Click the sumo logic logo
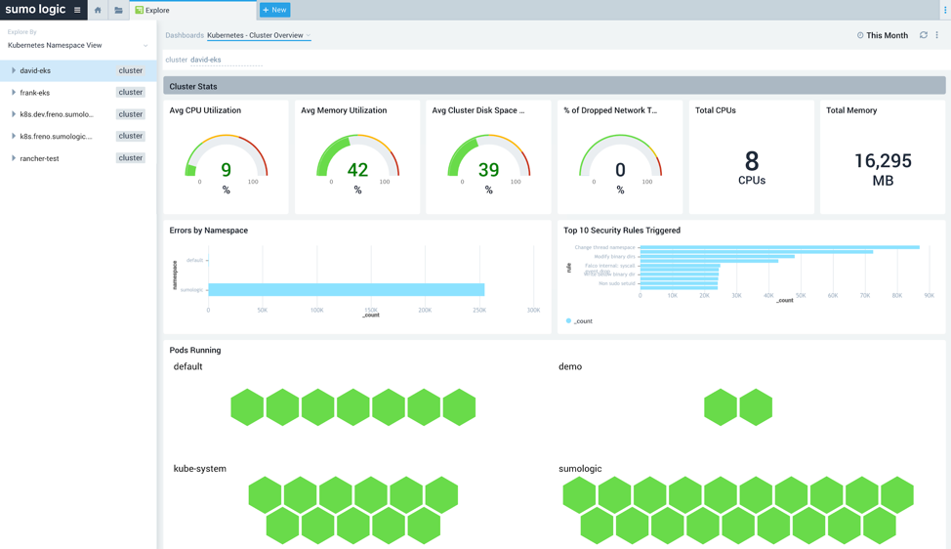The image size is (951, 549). (x=35, y=10)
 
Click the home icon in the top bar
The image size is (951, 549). (x=98, y=10)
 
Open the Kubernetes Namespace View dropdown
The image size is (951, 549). (x=77, y=45)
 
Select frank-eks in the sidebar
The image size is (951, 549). (x=35, y=93)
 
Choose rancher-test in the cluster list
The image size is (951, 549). (x=39, y=158)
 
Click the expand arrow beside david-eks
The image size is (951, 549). (x=14, y=70)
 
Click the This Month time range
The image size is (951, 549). (x=887, y=35)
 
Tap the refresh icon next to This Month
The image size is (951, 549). (x=923, y=35)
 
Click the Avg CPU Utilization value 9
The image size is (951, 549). (x=226, y=170)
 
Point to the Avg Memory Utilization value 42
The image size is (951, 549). (x=357, y=170)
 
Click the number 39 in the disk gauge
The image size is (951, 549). (x=488, y=170)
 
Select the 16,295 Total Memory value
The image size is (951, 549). (x=882, y=161)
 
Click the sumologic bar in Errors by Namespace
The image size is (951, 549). (x=346, y=290)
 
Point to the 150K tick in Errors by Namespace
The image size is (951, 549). (x=371, y=310)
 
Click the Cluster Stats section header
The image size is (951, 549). (x=193, y=86)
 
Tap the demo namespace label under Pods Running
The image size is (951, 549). (x=570, y=366)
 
